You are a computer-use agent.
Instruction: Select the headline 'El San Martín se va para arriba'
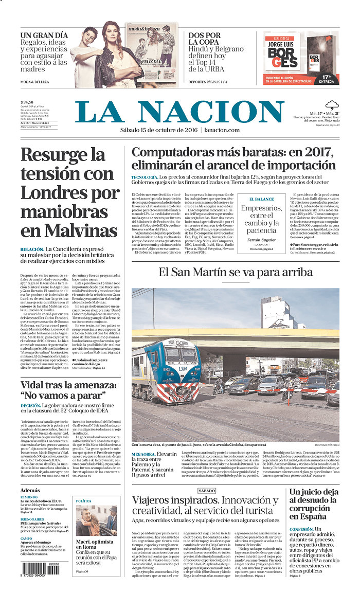tap(235, 272)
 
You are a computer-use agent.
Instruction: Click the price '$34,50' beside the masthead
tap(27, 102)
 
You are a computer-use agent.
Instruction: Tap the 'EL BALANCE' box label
tap(261, 199)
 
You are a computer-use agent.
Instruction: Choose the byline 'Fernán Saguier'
tap(261, 240)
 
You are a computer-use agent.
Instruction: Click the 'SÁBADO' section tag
tap(206, 491)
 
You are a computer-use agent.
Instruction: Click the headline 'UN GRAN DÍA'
tap(44, 35)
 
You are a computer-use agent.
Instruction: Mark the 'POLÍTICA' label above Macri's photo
tap(83, 500)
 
